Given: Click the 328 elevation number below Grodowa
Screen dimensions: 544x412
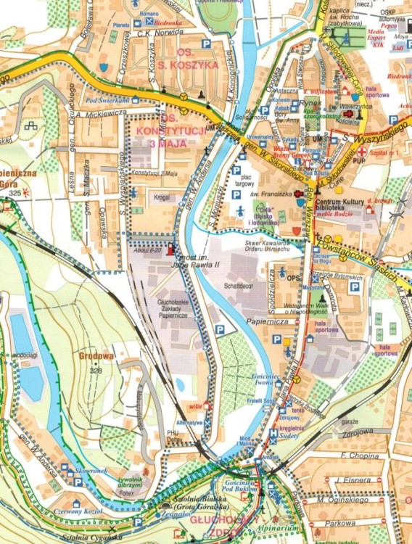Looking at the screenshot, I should [95, 371].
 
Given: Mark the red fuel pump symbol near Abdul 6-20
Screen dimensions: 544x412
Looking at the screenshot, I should [171, 250].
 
